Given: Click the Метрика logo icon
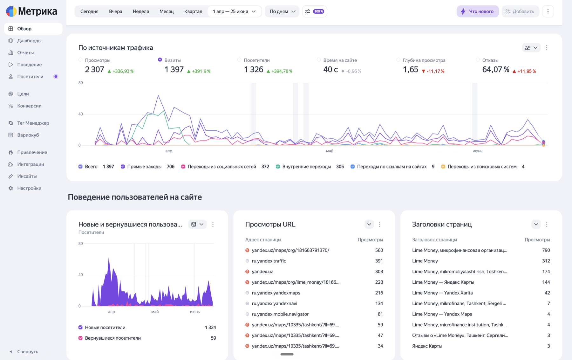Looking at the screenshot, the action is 11,11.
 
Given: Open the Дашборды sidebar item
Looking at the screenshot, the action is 29,41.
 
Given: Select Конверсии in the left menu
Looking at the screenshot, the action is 29,106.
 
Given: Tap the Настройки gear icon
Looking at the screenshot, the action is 11,188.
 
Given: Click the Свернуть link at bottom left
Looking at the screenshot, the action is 28,352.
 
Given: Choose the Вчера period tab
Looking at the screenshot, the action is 115,11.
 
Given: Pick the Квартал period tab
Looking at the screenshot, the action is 193,11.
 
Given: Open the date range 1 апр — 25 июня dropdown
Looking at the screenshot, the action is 234,11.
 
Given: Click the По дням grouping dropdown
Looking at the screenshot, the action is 282,11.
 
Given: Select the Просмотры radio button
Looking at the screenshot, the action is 80,60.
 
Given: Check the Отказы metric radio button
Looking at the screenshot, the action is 478,60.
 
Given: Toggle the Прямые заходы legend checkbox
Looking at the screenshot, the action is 123,167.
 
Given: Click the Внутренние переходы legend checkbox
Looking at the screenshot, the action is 278,167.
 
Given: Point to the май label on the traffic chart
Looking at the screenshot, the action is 330,151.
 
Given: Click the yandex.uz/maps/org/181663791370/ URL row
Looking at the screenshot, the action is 290,250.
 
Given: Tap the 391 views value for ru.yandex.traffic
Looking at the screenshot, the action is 379,261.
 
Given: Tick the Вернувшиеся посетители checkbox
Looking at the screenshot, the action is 80,338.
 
